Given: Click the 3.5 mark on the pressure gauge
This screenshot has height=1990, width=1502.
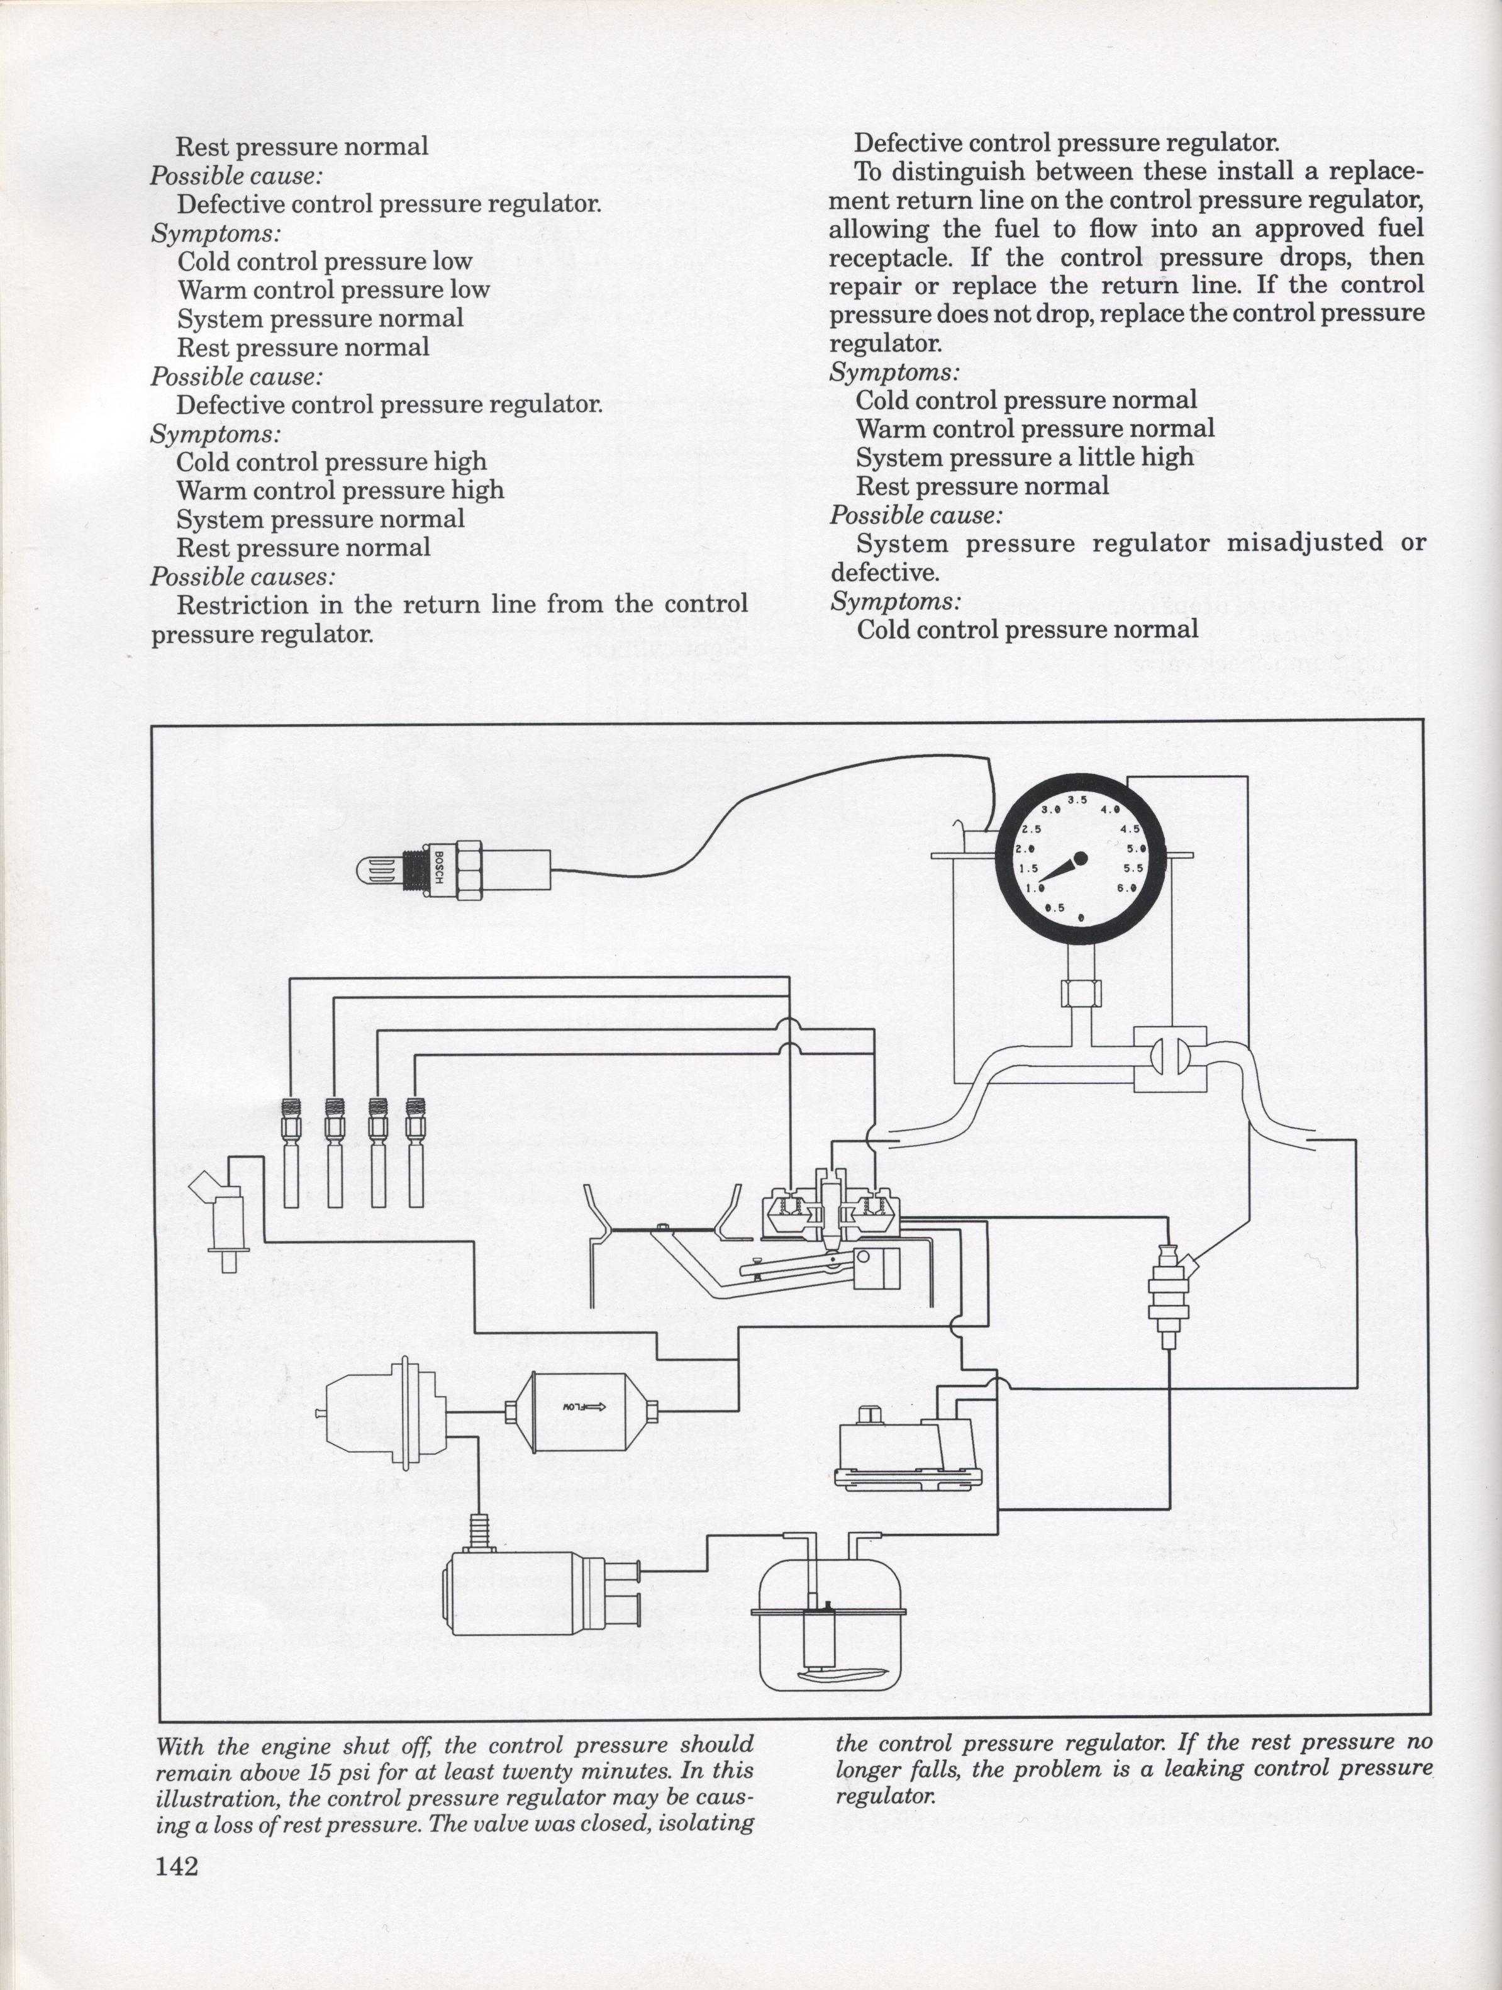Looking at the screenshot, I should pos(1077,800).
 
